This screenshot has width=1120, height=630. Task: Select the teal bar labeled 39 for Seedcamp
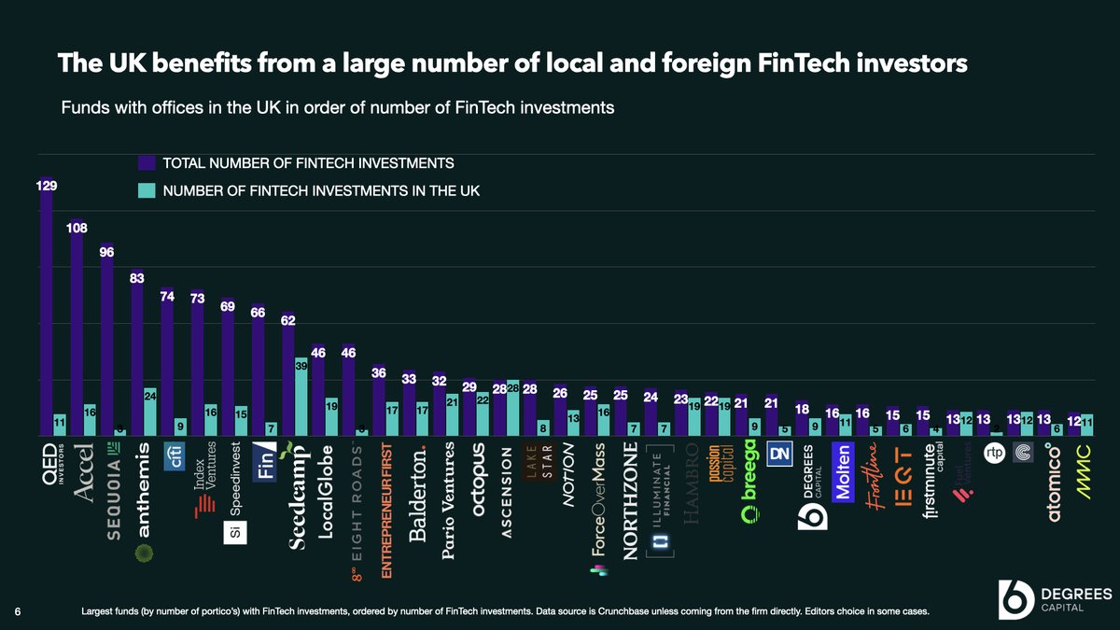(x=301, y=398)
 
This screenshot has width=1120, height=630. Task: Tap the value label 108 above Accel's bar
(x=77, y=227)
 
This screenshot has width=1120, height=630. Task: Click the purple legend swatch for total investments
(x=147, y=163)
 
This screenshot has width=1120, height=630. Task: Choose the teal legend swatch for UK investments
(x=147, y=191)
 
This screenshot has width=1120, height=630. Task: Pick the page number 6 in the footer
(x=18, y=611)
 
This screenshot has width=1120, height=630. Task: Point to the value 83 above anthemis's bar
(x=137, y=277)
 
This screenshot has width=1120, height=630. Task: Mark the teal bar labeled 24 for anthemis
(x=150, y=412)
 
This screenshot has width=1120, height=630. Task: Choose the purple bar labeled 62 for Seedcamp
(x=288, y=374)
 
